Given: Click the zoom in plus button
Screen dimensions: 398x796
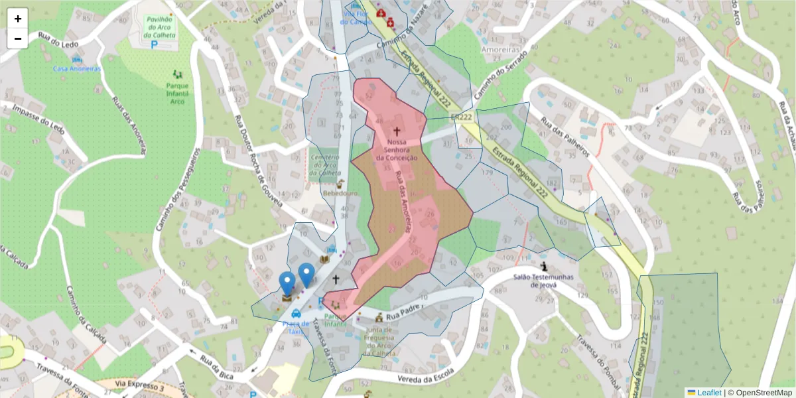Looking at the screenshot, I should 18,19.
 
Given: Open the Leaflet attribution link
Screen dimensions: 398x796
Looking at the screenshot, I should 708,393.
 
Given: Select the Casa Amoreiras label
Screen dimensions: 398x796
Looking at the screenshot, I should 77,69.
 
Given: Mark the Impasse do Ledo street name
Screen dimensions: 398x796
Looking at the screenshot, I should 37,116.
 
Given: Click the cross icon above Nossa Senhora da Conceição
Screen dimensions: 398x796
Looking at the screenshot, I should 397,131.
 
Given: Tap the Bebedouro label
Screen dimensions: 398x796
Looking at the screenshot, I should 340,193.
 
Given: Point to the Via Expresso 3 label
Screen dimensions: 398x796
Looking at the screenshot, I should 139,385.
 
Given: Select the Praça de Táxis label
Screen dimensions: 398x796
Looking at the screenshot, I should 296,327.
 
